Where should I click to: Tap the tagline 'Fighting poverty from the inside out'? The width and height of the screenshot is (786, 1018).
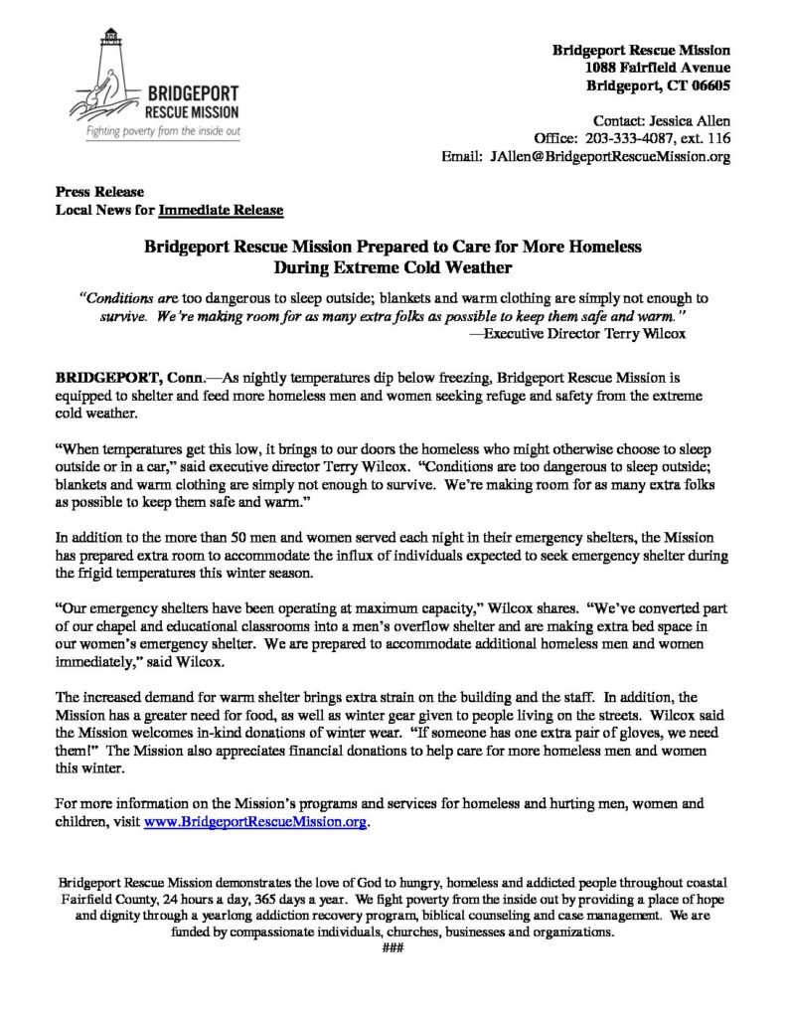(160, 131)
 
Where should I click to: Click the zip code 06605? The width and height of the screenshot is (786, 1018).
(708, 85)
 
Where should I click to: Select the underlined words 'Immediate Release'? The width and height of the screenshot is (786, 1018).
(222, 210)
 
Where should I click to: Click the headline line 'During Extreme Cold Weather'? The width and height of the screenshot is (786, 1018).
(393, 265)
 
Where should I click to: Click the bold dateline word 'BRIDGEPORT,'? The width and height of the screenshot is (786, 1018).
(107, 379)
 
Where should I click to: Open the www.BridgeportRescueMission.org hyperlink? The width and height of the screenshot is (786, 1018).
(255, 823)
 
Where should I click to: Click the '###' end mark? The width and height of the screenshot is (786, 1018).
(393, 947)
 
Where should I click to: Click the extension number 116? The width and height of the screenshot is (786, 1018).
(719, 138)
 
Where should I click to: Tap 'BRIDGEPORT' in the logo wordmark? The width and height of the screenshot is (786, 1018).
(190, 92)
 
